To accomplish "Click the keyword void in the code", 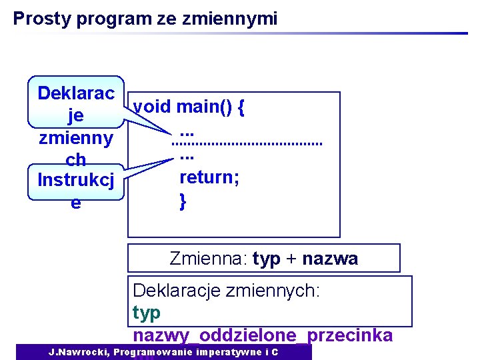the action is [152, 107].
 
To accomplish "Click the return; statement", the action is [210, 177].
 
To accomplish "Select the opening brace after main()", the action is [240, 107].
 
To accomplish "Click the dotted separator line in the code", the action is [246, 142].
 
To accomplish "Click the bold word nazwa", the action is [330, 259].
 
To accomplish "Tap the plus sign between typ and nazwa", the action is [291, 259].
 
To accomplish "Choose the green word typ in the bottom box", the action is [147, 312].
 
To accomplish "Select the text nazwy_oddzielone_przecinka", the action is [263, 335].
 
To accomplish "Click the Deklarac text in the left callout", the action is [76, 93].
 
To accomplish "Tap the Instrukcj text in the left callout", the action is [76, 180].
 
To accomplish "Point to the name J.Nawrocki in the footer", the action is [79, 351].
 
